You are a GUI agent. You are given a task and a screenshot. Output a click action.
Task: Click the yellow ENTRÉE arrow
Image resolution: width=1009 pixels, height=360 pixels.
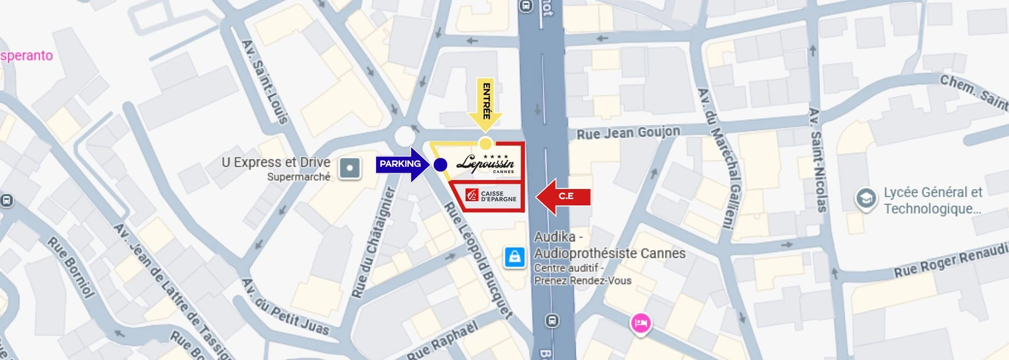point(485,106)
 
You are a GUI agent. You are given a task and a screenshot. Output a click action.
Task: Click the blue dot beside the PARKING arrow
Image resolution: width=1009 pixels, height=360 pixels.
point(440,165)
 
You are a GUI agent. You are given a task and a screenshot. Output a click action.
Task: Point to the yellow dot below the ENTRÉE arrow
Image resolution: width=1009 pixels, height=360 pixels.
point(485,143)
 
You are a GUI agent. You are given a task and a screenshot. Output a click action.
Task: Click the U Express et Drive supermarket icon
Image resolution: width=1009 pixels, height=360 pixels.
point(350,169)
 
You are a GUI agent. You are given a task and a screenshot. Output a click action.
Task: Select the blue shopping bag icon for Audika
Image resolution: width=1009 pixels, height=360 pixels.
point(514,257)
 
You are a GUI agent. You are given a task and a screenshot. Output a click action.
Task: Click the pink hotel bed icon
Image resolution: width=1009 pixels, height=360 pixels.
point(640,322)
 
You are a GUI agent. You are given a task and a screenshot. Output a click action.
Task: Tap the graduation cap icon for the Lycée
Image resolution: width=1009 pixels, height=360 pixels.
point(865,200)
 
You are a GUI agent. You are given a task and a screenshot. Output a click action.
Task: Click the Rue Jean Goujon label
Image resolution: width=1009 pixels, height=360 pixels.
point(628,132)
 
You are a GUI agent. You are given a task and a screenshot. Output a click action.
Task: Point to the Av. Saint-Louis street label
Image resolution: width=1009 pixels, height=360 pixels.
point(265,82)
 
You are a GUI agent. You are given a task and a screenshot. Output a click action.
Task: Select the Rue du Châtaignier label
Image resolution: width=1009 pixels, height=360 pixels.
point(374,241)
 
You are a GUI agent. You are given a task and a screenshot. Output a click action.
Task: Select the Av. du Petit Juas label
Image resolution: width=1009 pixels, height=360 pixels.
point(285,308)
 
